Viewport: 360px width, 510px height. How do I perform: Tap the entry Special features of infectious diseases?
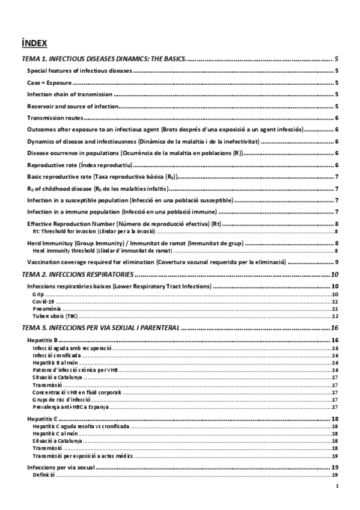tap(80, 71)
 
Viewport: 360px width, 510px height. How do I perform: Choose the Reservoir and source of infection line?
tap(73, 106)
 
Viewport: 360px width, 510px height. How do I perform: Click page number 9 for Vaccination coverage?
tap(337, 262)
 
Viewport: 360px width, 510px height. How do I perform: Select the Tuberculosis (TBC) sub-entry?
tap(51, 316)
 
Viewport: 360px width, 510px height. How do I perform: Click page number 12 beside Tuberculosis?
tap(336, 316)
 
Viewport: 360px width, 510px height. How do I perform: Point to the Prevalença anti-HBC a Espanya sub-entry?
tap(71, 407)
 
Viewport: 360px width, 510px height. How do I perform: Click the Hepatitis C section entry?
tap(43, 419)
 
